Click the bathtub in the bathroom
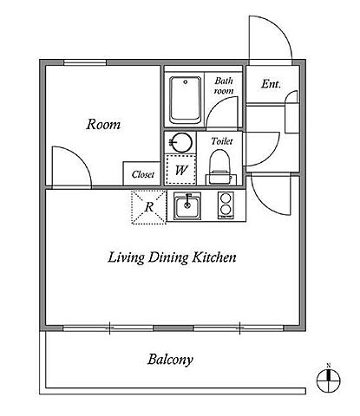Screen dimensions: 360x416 point(186,101)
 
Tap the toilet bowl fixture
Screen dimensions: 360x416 point(219,167)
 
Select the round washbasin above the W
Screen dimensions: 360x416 point(180,142)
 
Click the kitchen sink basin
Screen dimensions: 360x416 point(187,206)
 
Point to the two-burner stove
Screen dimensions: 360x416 point(226,205)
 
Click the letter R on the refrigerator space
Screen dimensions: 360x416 point(149,207)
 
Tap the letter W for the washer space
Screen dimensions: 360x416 point(181,170)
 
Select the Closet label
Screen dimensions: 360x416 point(143,174)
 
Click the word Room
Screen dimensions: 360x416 point(103,124)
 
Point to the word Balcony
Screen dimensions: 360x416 point(170,360)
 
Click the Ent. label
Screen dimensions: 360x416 point(271,84)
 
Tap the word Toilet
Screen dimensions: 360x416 point(222,141)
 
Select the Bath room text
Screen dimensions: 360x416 point(224,86)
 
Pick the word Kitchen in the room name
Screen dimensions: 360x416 point(214,257)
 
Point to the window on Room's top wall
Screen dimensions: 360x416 point(85,62)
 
